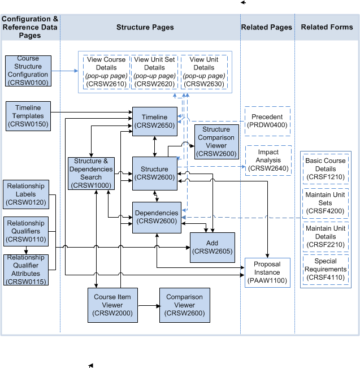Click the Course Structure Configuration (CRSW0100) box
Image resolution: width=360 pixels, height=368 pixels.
28,70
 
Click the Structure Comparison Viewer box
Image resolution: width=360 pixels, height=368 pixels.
216,141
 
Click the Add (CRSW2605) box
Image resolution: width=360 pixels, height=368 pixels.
212,247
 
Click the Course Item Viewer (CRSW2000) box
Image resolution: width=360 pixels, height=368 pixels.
112,305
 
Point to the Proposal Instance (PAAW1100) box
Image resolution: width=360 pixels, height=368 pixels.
267,271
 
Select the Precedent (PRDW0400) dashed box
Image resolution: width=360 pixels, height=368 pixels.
267,121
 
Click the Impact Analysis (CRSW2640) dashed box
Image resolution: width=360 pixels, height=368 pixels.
268,160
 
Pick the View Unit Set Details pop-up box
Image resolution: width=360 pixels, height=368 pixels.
154,72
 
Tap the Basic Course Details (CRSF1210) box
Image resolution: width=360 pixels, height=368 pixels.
325,168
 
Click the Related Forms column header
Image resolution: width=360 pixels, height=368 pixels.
327,27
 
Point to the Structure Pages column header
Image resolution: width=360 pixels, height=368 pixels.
145,27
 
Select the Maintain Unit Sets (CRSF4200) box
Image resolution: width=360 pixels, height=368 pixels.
325,203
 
